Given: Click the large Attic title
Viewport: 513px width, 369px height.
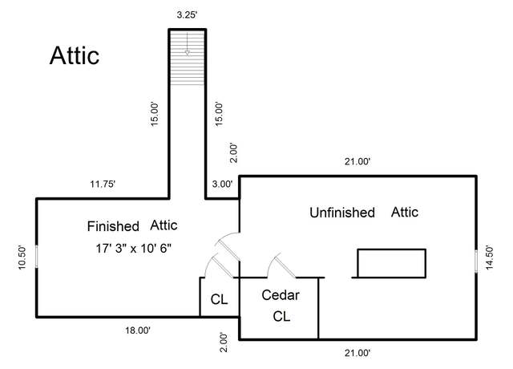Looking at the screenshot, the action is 75,55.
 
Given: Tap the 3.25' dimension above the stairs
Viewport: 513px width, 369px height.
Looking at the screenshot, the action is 187,14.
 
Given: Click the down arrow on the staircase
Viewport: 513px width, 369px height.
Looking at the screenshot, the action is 187,44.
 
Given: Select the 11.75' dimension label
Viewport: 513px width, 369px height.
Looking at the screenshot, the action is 103,184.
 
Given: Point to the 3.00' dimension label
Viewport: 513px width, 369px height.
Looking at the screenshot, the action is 222,184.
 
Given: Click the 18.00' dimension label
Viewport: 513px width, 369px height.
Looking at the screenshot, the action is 138,330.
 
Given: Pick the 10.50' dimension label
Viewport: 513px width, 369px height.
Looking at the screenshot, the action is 22,257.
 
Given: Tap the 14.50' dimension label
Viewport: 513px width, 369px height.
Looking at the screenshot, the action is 489,257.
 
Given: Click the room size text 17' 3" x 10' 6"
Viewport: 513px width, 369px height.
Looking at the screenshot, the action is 134,249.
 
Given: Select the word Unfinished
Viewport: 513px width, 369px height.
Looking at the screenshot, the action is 342,213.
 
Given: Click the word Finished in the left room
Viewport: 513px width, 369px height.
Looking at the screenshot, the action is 113,226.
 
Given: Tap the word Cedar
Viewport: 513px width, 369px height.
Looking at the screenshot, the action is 281,295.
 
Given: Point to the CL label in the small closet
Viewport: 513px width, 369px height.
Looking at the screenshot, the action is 219,299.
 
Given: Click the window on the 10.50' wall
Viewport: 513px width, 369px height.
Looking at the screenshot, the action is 36,257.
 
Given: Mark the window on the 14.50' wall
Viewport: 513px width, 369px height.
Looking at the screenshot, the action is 476,261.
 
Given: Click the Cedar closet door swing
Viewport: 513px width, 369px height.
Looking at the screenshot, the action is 281,266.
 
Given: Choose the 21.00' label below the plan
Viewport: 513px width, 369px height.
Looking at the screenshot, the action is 357,353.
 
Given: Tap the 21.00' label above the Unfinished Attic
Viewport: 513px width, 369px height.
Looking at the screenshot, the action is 357,161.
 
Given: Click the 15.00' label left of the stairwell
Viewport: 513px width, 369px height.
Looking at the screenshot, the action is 155,114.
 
